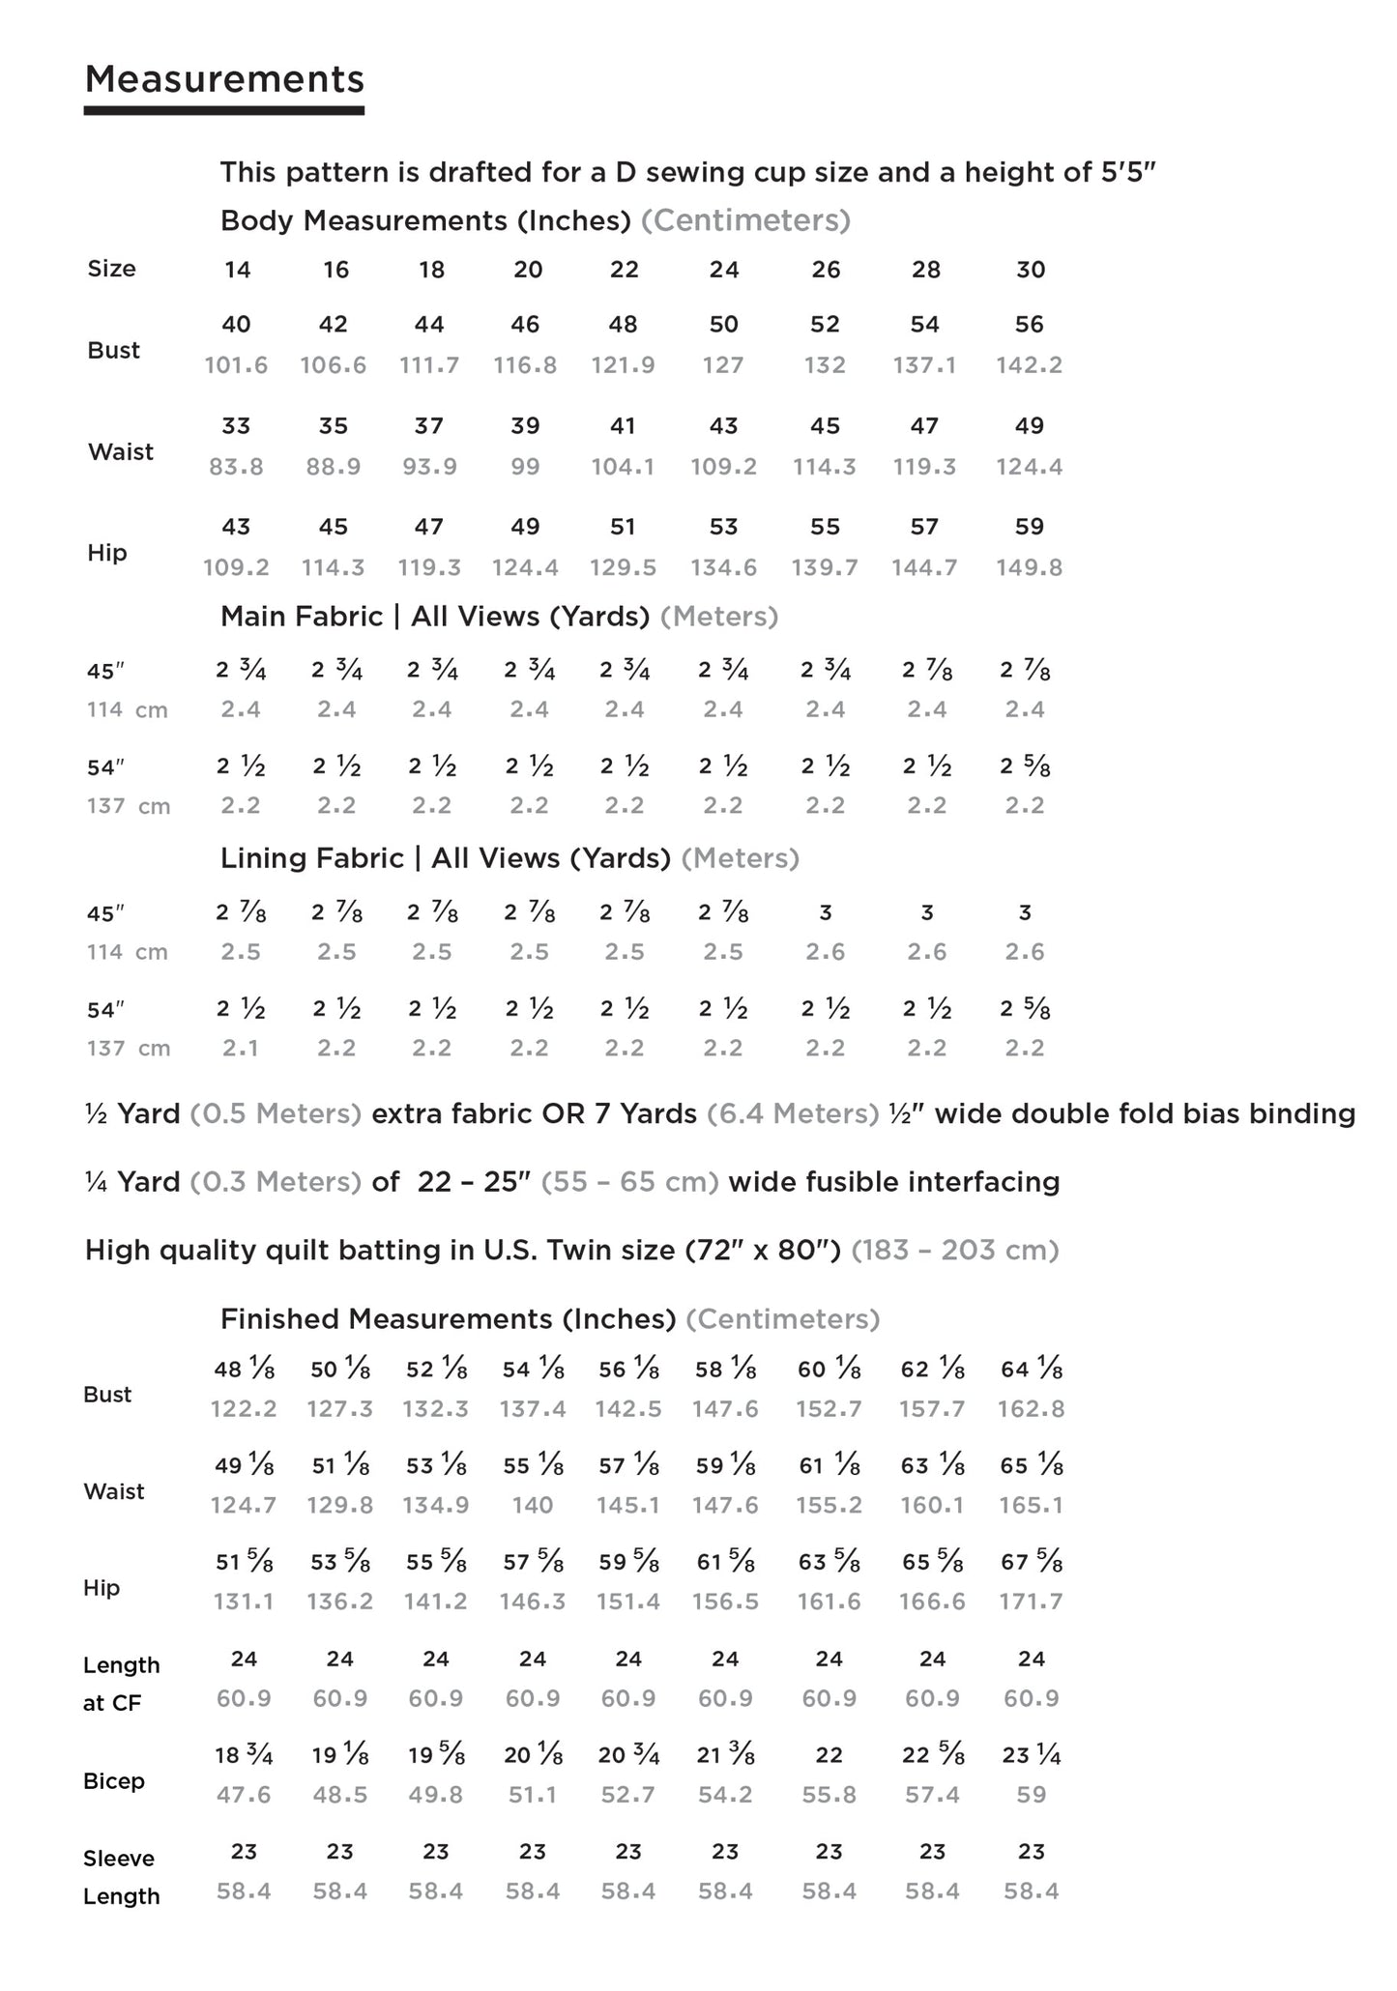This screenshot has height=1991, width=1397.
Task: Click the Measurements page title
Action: tap(224, 79)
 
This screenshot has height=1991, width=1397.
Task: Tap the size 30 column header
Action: tap(1031, 270)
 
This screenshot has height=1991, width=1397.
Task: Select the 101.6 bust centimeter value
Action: tap(236, 365)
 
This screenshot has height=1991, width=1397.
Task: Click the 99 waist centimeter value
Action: tap(526, 467)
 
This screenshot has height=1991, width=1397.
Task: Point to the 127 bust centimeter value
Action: tap(723, 365)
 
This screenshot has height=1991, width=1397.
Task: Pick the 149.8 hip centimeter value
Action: tap(1030, 567)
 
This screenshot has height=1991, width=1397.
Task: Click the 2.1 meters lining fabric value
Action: tap(240, 1048)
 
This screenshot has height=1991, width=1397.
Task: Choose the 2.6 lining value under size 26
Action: tap(826, 952)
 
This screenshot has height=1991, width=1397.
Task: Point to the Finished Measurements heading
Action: tap(448, 1318)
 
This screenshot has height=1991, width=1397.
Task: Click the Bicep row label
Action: tap(113, 1781)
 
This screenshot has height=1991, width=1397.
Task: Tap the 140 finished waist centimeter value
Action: tap(533, 1505)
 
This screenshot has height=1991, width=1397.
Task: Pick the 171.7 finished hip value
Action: tap(1032, 1601)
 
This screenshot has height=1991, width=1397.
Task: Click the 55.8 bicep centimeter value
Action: tap(829, 1795)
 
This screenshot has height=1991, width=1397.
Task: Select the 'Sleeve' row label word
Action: tap(119, 1859)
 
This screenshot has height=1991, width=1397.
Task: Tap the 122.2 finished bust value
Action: tap(244, 1409)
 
